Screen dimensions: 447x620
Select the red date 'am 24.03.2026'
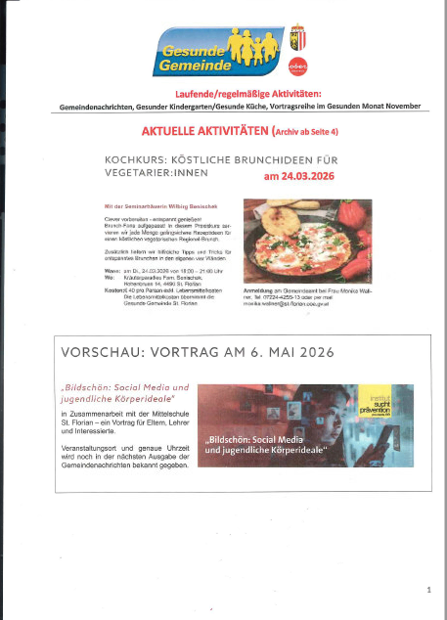[304, 178]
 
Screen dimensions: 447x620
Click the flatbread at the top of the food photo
[284, 207]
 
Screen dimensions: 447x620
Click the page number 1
[427, 590]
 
